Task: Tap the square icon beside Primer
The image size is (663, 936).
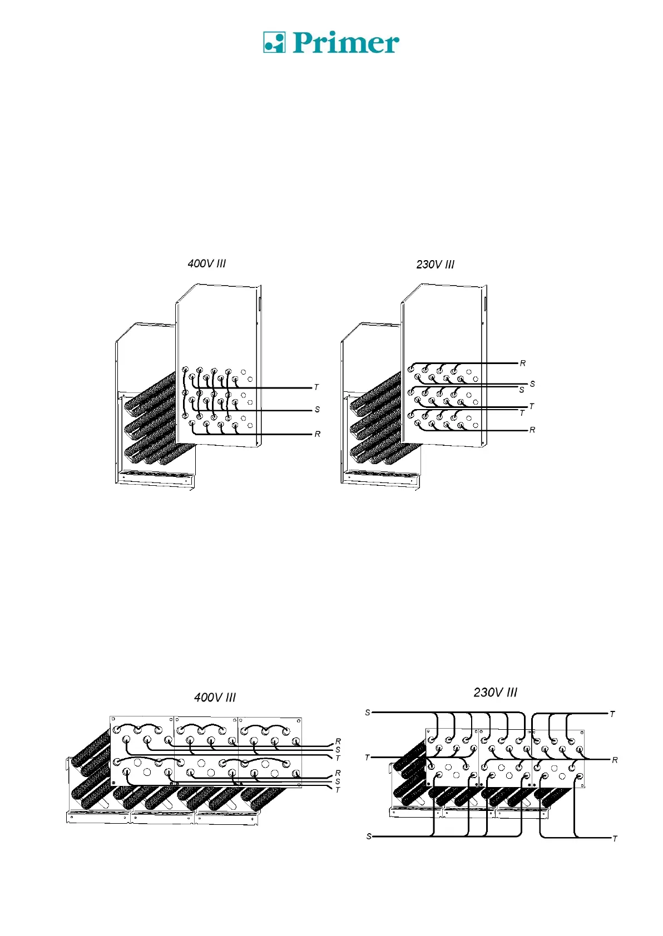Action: click(274, 42)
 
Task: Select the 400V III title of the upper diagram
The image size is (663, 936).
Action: click(207, 263)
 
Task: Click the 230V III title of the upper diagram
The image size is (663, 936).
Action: click(435, 265)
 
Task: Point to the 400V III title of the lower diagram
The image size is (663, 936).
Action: click(215, 697)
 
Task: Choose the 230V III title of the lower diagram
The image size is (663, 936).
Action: click(495, 693)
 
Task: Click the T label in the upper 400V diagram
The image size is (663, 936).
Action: click(316, 387)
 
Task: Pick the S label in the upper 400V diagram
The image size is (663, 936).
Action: click(317, 410)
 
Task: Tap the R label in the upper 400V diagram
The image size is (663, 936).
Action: click(317, 434)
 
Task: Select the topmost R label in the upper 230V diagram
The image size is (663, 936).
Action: click(523, 364)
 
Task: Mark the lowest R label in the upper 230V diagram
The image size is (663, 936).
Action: click(532, 430)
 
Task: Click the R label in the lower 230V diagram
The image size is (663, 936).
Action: click(615, 760)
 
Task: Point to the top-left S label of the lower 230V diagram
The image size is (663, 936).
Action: click(368, 713)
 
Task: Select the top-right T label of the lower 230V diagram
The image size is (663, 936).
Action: click(612, 714)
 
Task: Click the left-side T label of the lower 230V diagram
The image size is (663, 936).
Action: click(367, 758)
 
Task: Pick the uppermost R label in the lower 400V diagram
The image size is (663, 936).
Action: click(338, 741)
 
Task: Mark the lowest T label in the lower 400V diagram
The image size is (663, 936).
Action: click(338, 790)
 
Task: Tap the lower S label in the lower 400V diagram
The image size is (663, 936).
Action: click(338, 781)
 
